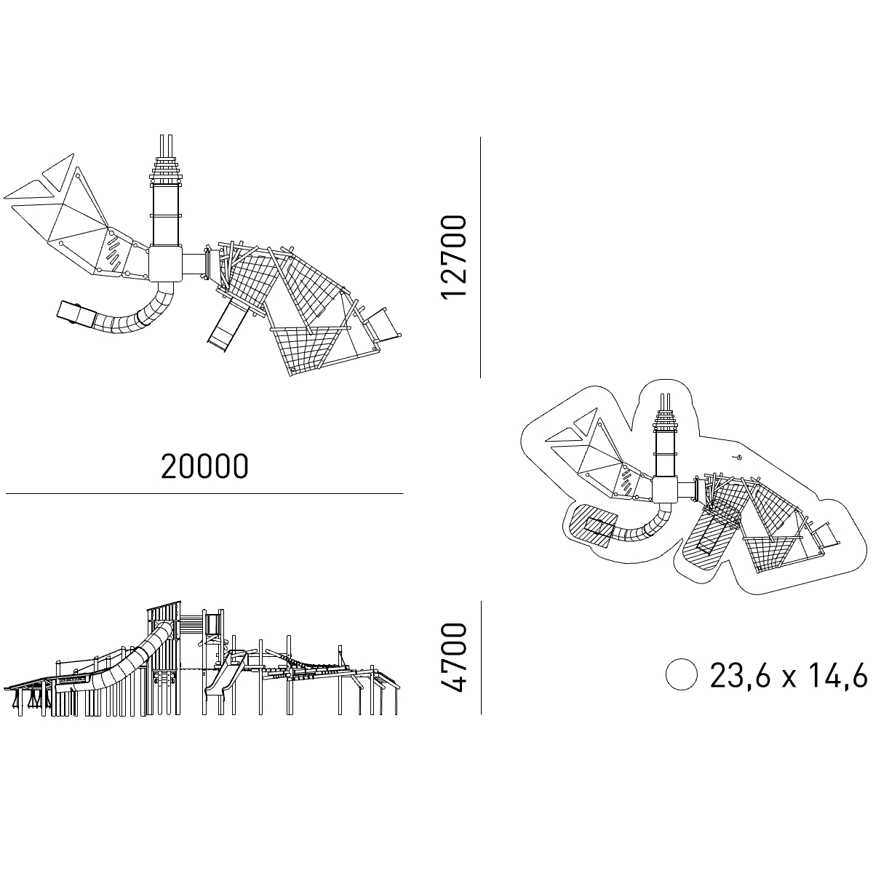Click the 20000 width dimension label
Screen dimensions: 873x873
204,466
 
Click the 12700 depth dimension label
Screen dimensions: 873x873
453,257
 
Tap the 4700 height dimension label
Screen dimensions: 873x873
453,658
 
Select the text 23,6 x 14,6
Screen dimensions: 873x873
789,675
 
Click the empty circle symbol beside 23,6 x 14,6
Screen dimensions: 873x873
681,674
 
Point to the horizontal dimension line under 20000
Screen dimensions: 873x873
204,493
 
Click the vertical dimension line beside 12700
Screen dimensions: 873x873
480,258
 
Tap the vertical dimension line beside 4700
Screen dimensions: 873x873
481,658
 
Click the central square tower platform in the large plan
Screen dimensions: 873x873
165,264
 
